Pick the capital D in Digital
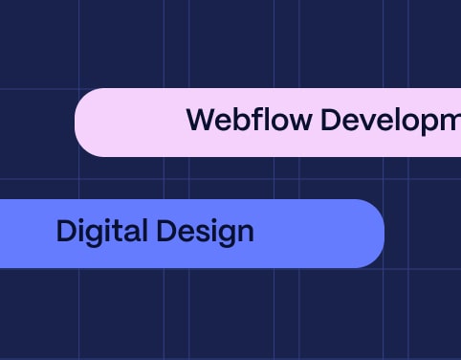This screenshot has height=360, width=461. [65, 232]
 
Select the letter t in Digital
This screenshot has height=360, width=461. [119, 232]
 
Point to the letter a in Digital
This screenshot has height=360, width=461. [132, 233]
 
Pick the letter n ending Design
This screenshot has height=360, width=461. [245, 233]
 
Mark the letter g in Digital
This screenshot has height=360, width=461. [99, 236]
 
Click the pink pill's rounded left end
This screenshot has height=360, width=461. [86, 123]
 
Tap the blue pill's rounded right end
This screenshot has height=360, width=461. [373, 234]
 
